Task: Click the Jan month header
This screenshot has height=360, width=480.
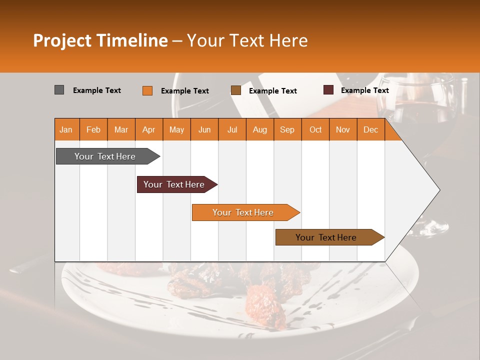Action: (x=66, y=129)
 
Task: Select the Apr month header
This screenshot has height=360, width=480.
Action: (x=148, y=129)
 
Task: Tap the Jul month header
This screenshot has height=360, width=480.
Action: (x=232, y=129)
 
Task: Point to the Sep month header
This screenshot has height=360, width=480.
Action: (x=287, y=129)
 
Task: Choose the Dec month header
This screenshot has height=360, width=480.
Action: (x=370, y=129)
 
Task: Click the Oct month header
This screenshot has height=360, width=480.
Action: (x=315, y=129)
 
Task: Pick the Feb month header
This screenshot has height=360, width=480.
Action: (x=93, y=129)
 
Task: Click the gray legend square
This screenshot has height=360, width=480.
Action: (x=59, y=90)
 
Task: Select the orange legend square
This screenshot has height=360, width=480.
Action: (x=147, y=90)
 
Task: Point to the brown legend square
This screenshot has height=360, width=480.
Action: (x=235, y=90)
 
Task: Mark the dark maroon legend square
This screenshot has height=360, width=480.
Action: (x=328, y=90)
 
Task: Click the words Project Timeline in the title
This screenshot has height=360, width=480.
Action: (x=100, y=40)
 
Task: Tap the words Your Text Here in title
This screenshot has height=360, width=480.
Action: (x=247, y=40)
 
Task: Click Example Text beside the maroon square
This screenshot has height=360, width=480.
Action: (x=364, y=90)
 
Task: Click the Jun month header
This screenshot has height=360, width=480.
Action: (x=204, y=129)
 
